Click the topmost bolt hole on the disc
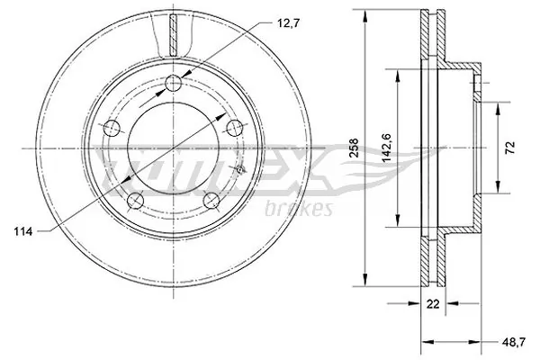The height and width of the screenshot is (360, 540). coord(173,84)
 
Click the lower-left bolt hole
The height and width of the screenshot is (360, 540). coord(135,199)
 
